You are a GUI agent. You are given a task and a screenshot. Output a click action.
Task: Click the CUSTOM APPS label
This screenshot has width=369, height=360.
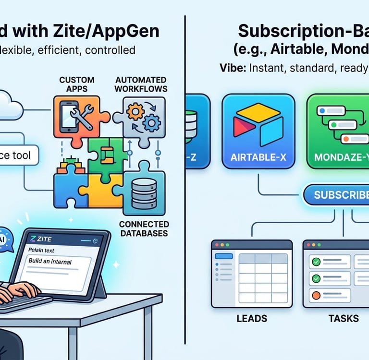pos(77,84)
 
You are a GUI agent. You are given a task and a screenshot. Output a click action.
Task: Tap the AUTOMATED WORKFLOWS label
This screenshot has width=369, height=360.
pos(141,84)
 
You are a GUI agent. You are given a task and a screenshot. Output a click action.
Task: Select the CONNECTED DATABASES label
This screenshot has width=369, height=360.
pos(144,228)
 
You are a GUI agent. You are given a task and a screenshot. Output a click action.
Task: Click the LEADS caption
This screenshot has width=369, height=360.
pos(252,318)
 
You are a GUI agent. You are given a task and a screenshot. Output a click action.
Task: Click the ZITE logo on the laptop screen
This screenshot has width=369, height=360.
pos(40,239)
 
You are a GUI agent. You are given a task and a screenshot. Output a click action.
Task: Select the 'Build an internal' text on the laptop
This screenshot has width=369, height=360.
pos(50,262)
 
